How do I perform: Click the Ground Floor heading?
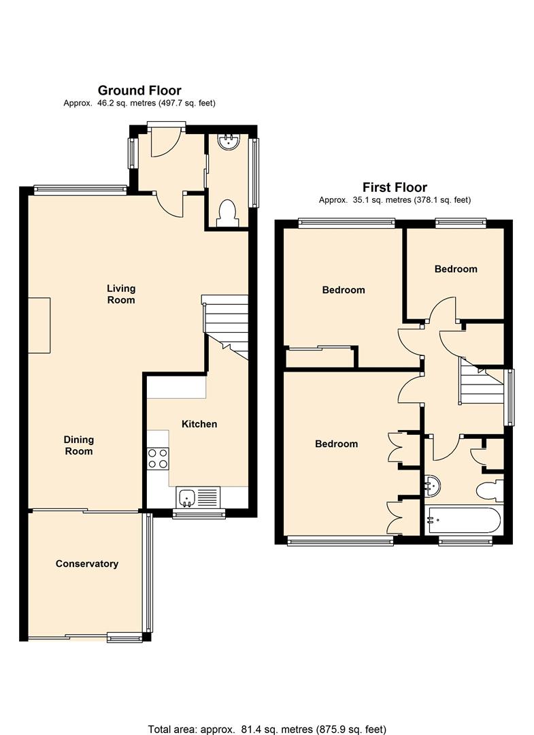pos(139,90)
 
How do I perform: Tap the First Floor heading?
pos(395,188)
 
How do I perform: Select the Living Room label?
pos(121,294)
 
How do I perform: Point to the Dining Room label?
pos(79,445)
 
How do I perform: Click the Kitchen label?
pos(199,424)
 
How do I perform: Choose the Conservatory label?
pos(86,563)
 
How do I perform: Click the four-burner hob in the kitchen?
pos(158,459)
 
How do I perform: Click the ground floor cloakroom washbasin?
pos(229,142)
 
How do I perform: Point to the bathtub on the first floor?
pos(464,519)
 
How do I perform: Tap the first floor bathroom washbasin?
pos(433,487)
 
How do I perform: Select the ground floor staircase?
pos(225,327)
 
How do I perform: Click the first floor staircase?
pos(482,385)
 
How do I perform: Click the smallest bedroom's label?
pos(456,269)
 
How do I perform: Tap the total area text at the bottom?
pos(267,730)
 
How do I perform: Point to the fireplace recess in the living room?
pos(39,325)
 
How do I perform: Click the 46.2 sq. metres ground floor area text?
pos(139,103)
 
